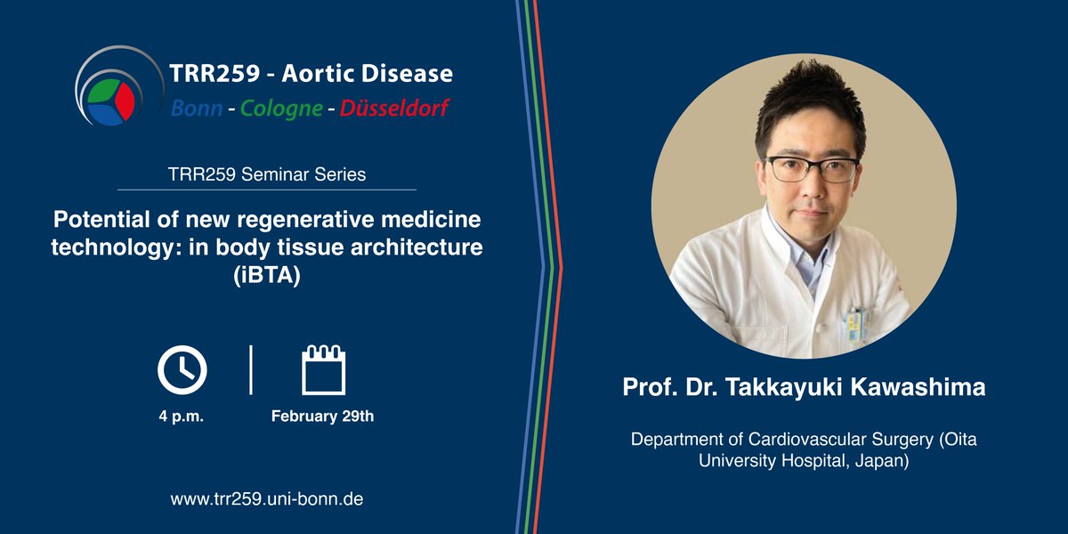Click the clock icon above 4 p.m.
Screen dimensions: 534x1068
(182, 369)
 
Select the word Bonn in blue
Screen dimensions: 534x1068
(193, 109)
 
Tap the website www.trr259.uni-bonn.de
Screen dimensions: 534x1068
(267, 499)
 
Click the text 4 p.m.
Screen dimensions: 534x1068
(182, 417)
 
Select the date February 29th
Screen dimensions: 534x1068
(323, 417)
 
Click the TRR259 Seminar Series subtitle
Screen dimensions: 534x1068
(267, 174)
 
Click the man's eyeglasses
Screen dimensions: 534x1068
(811, 168)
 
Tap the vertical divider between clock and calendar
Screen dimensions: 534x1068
(251, 369)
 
